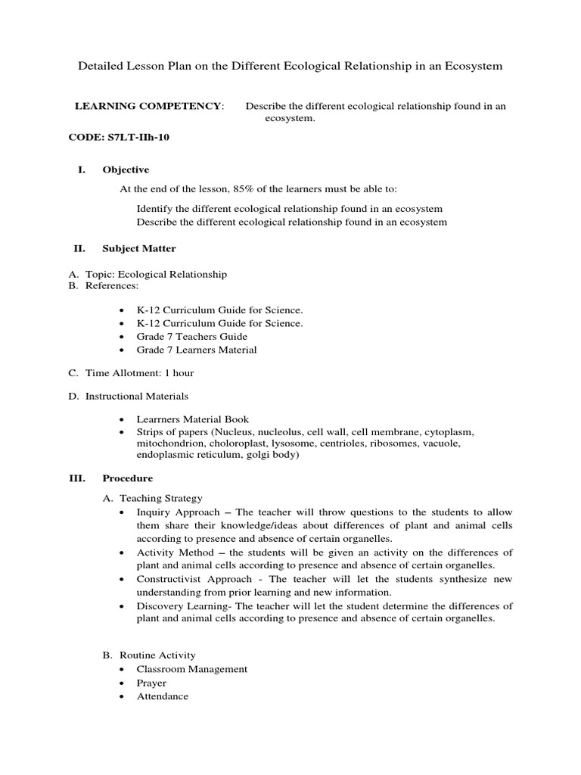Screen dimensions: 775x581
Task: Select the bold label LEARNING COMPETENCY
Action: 148,106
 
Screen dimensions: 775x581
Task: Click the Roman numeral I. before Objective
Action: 82,170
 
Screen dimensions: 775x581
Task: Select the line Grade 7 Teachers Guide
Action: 191,336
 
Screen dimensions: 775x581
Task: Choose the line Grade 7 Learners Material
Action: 197,350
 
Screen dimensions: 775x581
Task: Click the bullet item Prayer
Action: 151,683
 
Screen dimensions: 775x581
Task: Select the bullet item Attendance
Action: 162,696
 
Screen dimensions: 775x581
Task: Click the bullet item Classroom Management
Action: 191,669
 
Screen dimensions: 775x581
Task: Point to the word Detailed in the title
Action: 101,67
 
